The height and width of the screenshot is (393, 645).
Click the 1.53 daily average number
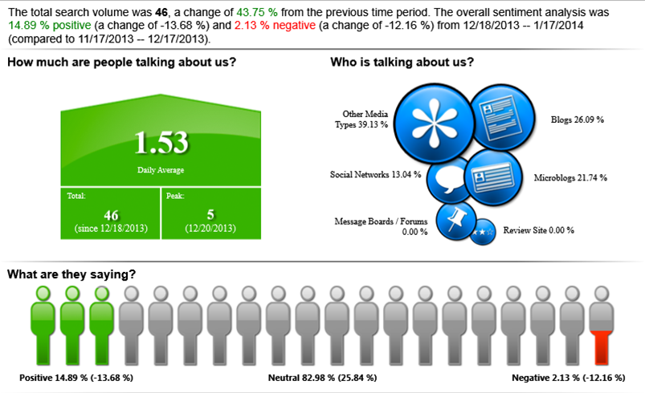(x=161, y=143)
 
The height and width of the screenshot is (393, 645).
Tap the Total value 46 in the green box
(x=111, y=215)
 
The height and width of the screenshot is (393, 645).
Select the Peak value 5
(x=210, y=214)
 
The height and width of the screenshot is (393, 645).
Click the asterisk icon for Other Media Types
(x=435, y=124)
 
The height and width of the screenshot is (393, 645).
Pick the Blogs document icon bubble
(x=502, y=117)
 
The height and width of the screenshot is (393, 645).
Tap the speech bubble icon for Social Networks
(x=449, y=180)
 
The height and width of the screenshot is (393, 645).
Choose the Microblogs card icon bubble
(x=493, y=177)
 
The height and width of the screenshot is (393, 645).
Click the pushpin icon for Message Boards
(x=455, y=221)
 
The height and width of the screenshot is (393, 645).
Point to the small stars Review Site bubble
(x=483, y=232)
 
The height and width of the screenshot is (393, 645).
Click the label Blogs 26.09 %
(x=578, y=120)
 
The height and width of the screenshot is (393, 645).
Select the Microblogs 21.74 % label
(x=570, y=177)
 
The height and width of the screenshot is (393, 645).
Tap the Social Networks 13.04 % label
(x=375, y=175)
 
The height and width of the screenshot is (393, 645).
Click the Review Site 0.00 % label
(x=538, y=230)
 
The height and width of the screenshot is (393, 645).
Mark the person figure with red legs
(x=602, y=326)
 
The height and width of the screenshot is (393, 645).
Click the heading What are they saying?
(x=71, y=274)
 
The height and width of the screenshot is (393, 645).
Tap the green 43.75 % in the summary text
(x=257, y=12)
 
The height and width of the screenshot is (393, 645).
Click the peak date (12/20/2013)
(x=210, y=229)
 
